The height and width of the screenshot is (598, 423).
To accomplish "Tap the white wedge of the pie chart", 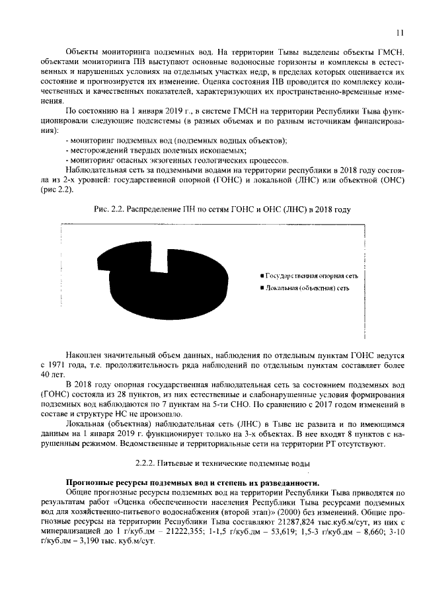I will click(x=156, y=262).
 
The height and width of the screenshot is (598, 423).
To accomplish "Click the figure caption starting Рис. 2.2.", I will click(x=221, y=209).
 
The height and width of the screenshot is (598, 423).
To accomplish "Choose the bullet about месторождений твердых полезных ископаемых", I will click(x=155, y=151).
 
